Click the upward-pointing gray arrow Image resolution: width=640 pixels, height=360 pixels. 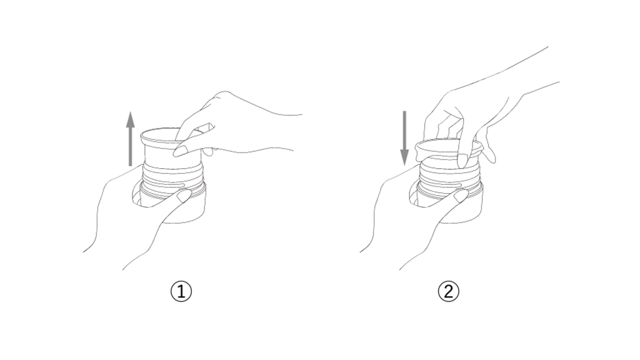(130, 139)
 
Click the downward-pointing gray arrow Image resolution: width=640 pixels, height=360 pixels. (404, 138)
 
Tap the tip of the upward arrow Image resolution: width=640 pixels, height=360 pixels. (130, 111)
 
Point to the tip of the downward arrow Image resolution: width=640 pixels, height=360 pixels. (404, 165)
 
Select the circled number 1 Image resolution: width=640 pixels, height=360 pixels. (181, 291)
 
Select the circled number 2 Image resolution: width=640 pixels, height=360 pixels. (448, 291)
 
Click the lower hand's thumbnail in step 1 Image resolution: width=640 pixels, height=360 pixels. (183, 196)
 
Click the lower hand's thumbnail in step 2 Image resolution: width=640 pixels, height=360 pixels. (461, 196)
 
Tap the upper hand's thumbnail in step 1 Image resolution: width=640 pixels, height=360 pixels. (179, 151)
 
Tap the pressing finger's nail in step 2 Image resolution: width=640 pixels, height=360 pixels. (462, 161)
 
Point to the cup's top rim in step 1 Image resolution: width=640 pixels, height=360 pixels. (171, 136)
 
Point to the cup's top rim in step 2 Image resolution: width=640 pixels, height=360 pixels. (449, 145)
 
